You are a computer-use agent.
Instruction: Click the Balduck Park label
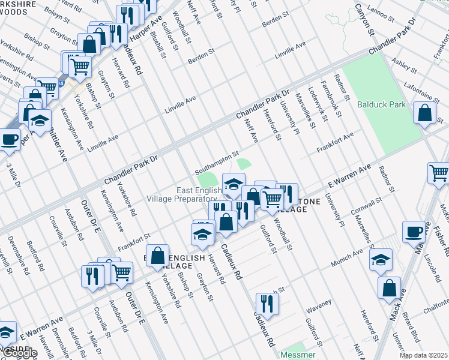pos(381,104)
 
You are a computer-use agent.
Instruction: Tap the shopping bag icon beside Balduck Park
pos(424,113)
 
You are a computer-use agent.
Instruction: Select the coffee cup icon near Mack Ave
pos(414,232)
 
